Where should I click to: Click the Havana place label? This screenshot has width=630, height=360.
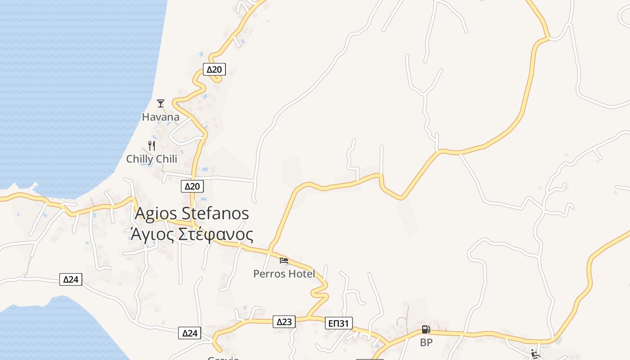point(161,117)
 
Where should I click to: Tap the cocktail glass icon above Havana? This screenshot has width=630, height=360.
point(161,103)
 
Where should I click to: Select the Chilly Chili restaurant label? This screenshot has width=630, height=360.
point(152,159)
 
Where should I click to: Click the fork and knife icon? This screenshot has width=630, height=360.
point(152,145)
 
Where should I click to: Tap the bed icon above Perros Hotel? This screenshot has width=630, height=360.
point(284,260)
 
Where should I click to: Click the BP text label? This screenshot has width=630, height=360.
point(426,342)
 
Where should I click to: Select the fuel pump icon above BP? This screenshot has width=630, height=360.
point(426,329)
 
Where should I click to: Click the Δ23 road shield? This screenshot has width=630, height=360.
point(284,322)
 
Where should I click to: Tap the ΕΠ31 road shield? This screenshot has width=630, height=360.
point(339,323)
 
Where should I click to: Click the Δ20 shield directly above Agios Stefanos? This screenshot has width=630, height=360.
point(193,186)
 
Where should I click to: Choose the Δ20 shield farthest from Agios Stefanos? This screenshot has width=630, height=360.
point(215,69)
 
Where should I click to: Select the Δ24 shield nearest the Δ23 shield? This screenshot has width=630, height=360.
point(190,333)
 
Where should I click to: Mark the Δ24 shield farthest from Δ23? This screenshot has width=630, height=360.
point(71,279)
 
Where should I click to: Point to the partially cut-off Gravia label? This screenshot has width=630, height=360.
point(223,358)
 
